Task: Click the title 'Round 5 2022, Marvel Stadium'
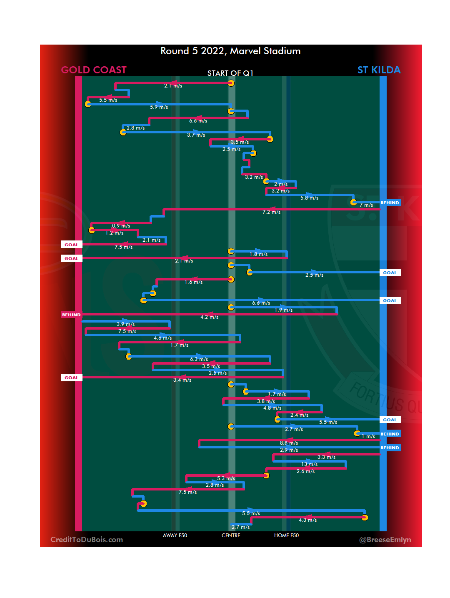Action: tap(230, 51)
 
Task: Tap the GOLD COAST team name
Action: tap(94, 70)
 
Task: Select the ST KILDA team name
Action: tap(379, 70)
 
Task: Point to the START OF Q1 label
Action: tap(230, 73)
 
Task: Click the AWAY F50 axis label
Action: tap(175, 535)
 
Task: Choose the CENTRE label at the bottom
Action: tap(231, 535)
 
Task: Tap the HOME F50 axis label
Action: tap(286, 535)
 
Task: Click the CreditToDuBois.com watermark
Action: tap(87, 540)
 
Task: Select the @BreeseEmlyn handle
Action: tap(385, 540)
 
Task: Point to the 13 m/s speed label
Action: tap(310, 464)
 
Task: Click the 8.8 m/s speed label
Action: tap(289, 443)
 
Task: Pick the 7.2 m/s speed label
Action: tap(271, 212)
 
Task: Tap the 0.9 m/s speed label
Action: tap(121, 226)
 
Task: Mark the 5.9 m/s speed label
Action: tap(159, 107)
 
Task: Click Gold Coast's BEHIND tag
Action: tap(71, 315)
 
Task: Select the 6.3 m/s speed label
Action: tap(199, 359)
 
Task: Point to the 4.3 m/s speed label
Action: tap(307, 520)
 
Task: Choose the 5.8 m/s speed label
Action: tap(309, 198)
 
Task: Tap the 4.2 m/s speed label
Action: tap(209, 317)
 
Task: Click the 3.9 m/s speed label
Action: tap(125, 324)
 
